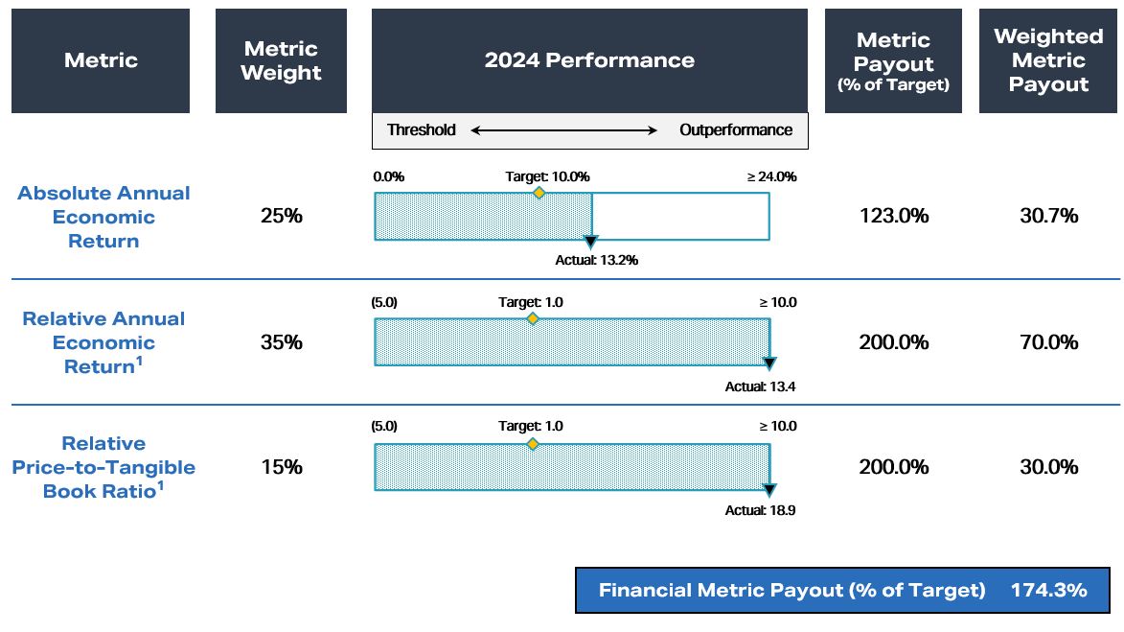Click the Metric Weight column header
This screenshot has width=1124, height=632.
[281, 60]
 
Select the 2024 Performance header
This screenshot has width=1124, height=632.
[589, 60]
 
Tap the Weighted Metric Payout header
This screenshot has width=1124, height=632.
[1048, 60]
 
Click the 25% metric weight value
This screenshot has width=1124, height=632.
[281, 216]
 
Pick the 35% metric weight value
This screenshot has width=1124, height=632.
[281, 342]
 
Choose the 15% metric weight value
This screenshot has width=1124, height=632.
[281, 467]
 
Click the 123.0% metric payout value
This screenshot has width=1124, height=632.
[893, 216]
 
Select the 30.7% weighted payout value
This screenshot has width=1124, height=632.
[1048, 216]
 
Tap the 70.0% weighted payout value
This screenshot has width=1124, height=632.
[1048, 342]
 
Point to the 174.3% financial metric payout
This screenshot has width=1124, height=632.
[1048, 590]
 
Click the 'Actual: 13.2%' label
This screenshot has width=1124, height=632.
[596, 260]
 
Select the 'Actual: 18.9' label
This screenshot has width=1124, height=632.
[760, 510]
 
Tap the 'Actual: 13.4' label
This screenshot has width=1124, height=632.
[760, 386]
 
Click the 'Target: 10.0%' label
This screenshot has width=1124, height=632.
[547, 176]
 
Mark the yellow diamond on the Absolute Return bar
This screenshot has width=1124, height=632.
[539, 193]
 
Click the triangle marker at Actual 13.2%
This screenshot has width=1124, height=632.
[591, 242]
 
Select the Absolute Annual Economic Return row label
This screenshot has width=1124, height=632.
[103, 217]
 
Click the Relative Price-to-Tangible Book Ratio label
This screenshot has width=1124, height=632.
[103, 467]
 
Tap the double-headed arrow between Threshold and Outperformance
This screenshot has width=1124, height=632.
[564, 130]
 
